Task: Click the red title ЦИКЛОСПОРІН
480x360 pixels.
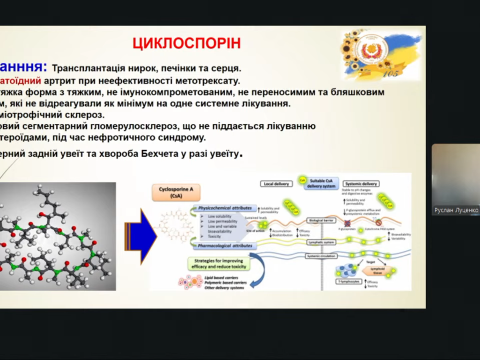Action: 187,43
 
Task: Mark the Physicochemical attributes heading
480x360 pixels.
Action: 225,208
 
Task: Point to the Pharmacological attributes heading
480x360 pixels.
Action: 225,246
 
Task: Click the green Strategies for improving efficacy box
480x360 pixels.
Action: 218,263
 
